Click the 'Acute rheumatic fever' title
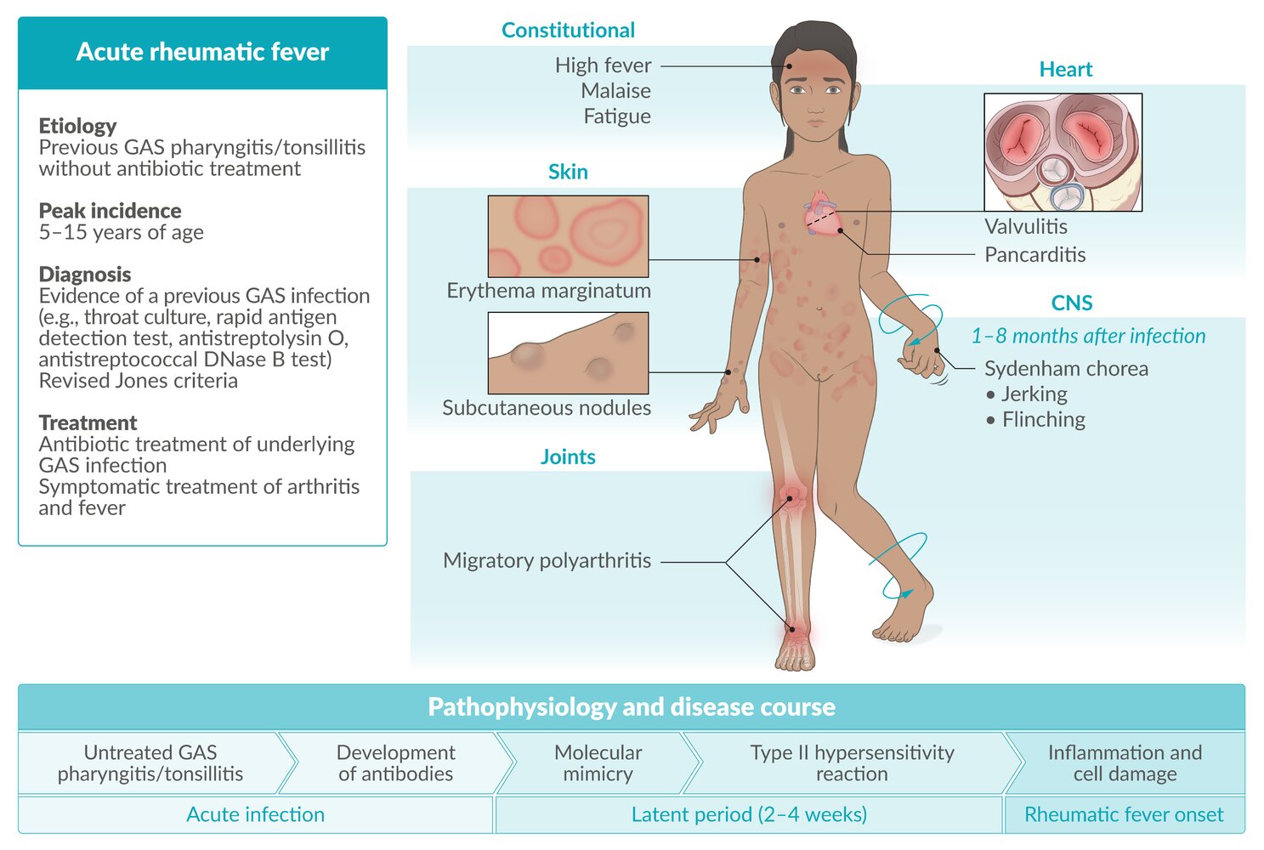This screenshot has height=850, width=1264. tap(202, 52)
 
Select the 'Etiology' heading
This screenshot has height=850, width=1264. tap(77, 126)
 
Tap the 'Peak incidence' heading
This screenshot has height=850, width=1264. tap(110, 211)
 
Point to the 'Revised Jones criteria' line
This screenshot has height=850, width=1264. tap(138, 381)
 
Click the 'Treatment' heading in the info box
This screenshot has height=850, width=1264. tap(88, 422)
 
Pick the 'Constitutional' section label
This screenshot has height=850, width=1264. tap(568, 31)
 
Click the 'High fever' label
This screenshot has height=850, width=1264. tap(603, 65)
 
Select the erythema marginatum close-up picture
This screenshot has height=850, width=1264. tap(568, 236)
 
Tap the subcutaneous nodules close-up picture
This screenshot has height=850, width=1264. tap(568, 353)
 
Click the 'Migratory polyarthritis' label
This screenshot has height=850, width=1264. tap(547, 561)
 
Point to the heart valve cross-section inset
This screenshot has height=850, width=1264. tap(1063, 152)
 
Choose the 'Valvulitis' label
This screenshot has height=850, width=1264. tap(1026, 227)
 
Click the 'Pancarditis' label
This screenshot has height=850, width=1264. tap(1034, 255)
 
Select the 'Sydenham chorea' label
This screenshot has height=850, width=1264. tap(1066, 369)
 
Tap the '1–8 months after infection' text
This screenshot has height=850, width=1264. tap(1088, 337)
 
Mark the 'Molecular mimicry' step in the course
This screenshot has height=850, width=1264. tap(598, 763)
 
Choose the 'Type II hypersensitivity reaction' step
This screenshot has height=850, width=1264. tap(852, 763)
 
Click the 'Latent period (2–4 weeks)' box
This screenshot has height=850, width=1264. tap(749, 815)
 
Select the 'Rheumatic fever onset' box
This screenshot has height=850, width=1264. tap(1124, 815)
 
